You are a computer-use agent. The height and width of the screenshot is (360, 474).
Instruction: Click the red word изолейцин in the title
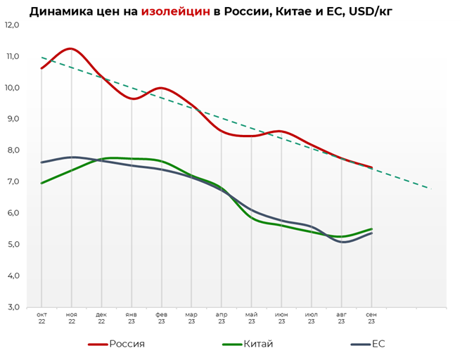[175, 11]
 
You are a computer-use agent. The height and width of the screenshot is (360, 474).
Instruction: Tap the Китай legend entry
[257, 344]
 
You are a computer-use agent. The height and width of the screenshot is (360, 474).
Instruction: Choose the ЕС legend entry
[378, 344]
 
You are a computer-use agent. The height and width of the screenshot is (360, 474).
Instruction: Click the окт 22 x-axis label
[41, 318]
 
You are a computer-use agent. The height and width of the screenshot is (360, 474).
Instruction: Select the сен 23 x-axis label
[371, 318]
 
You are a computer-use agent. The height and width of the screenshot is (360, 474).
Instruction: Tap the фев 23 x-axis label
[162, 318]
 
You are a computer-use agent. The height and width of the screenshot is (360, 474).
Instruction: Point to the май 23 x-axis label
[252, 318]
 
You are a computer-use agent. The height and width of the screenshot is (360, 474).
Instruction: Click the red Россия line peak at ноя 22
[71, 49]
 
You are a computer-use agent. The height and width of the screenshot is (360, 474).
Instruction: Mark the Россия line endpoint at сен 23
[371, 167]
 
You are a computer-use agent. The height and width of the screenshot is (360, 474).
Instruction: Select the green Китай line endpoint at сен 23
[371, 229]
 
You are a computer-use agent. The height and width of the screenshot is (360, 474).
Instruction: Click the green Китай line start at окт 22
[41, 183]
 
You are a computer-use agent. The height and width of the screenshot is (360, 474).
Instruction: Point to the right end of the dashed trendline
[428, 188]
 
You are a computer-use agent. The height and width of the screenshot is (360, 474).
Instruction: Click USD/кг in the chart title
[366, 11]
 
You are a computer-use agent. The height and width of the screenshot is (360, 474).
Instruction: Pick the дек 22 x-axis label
[101, 318]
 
